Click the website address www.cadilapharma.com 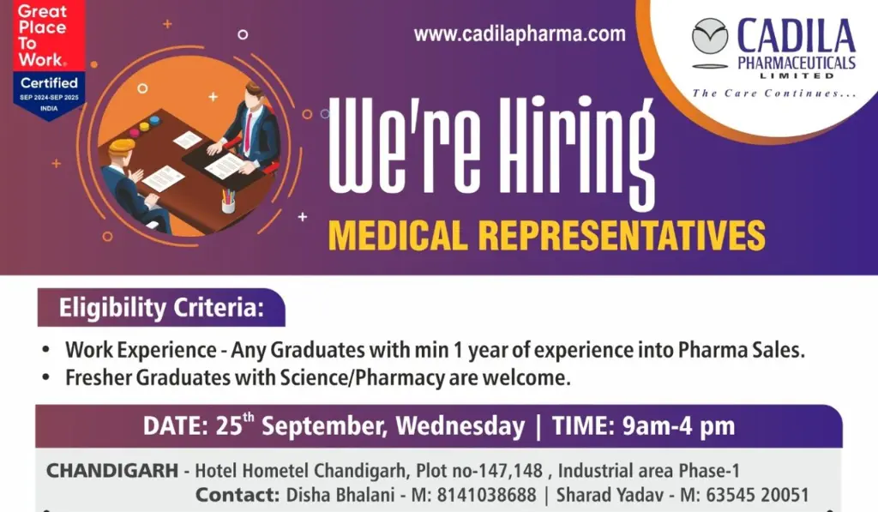tap(520, 34)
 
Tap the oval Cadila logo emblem tap(710, 36)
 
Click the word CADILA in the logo tap(797, 36)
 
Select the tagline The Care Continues tap(774, 93)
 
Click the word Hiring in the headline tap(577, 151)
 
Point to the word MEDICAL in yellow tap(398, 235)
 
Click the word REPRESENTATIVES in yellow tap(622, 235)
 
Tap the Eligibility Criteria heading tap(161, 308)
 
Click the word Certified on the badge tap(49, 83)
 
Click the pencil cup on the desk tap(228, 202)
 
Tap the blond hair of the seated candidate tap(122, 146)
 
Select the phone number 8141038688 tap(487, 495)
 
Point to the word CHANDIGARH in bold tap(112, 471)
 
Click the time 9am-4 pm tap(678, 426)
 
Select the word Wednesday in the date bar tap(460, 426)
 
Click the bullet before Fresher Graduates tap(46, 377)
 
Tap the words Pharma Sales tap(742, 350)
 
